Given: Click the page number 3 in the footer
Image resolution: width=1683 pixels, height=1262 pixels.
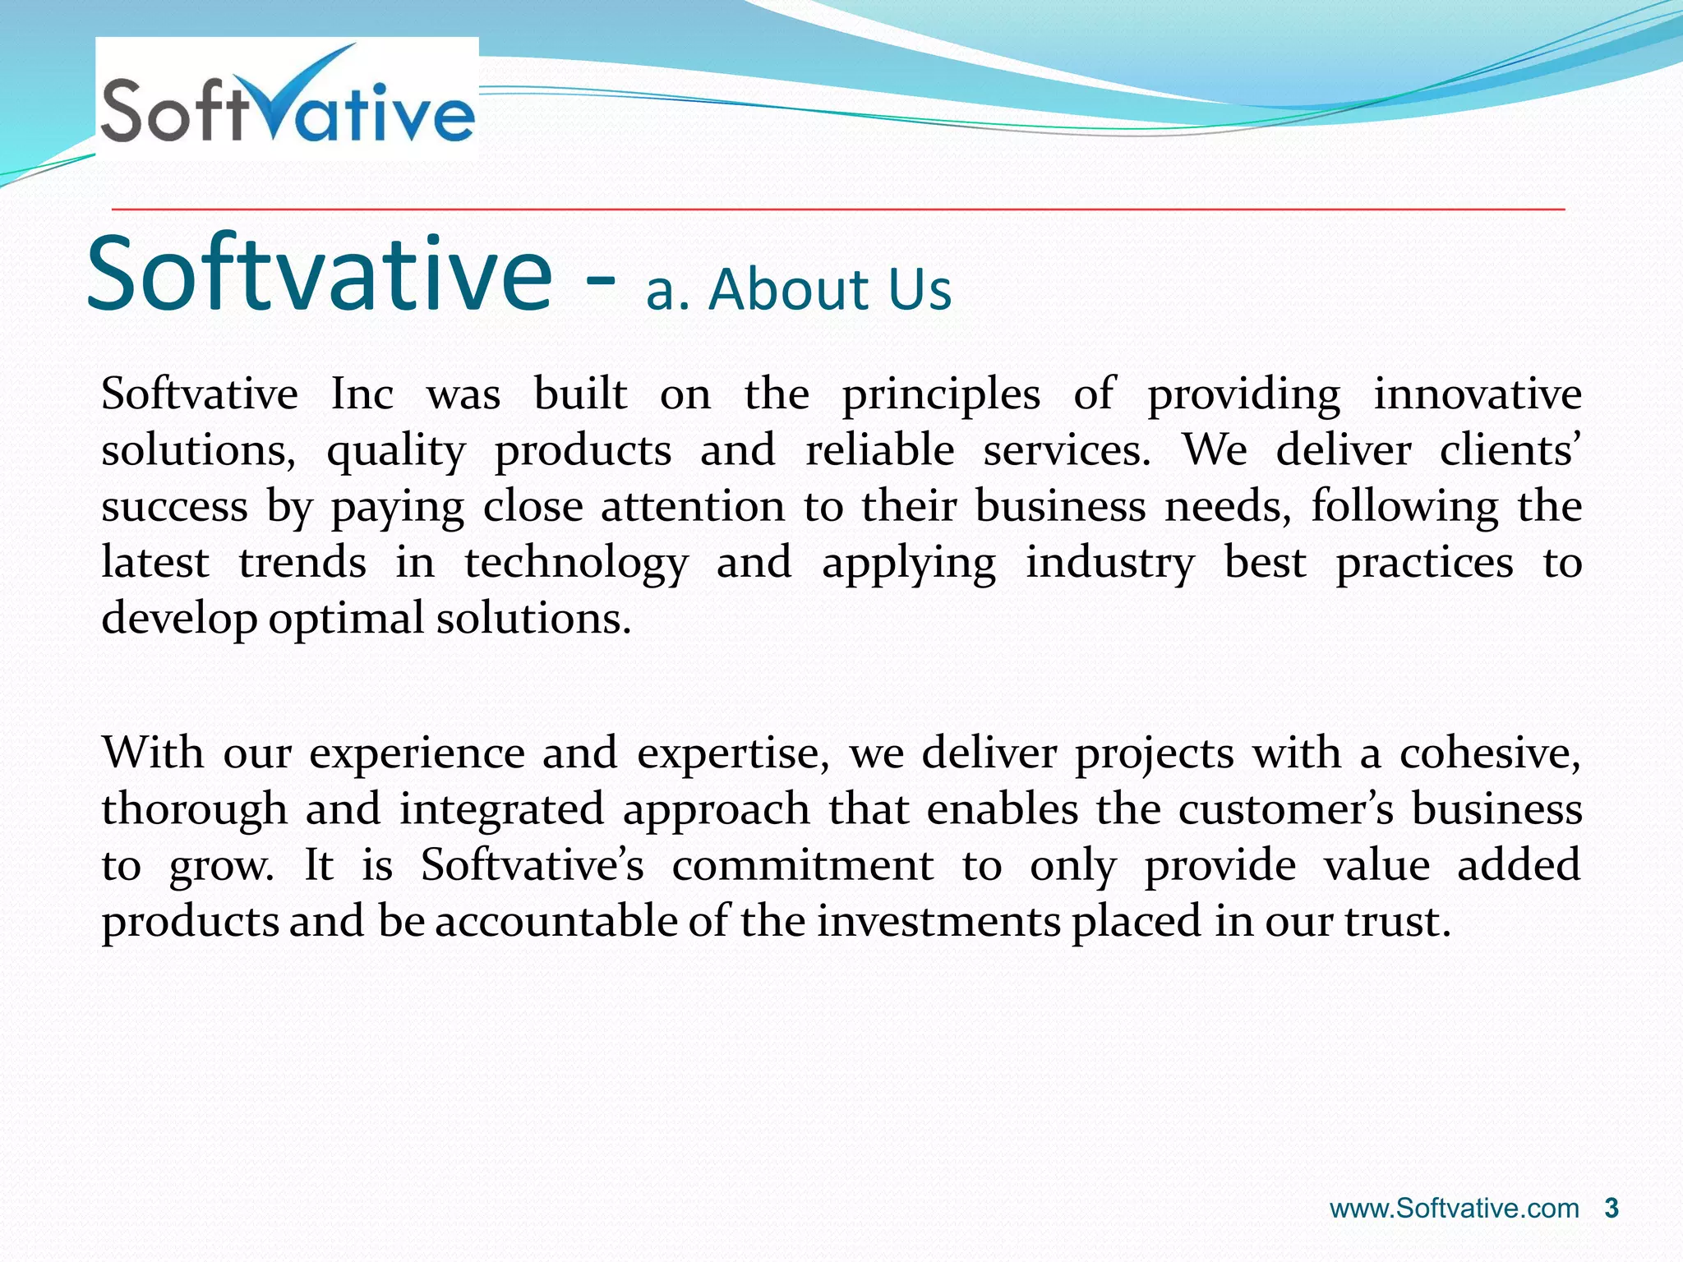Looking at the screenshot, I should [x=1612, y=1208].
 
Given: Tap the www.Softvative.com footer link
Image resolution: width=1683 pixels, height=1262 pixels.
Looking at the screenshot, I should [x=1455, y=1209].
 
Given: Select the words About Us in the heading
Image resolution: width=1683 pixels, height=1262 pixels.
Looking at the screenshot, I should [x=830, y=291].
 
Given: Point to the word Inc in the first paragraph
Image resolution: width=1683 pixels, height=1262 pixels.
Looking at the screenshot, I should [x=362, y=394].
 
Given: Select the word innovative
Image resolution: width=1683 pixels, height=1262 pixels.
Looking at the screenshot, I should [x=1477, y=394].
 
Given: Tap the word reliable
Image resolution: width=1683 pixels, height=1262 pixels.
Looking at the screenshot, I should [x=879, y=450].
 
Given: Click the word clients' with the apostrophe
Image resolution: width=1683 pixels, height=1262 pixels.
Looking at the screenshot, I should [x=1509, y=450].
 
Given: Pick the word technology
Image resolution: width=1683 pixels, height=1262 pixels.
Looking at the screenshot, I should [x=576, y=564].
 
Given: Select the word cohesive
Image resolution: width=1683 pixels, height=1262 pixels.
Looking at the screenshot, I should [x=1489, y=753].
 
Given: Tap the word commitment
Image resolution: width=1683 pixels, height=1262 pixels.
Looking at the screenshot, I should [x=803, y=866].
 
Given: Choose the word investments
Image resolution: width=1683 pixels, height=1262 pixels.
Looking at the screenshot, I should [x=938, y=922].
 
